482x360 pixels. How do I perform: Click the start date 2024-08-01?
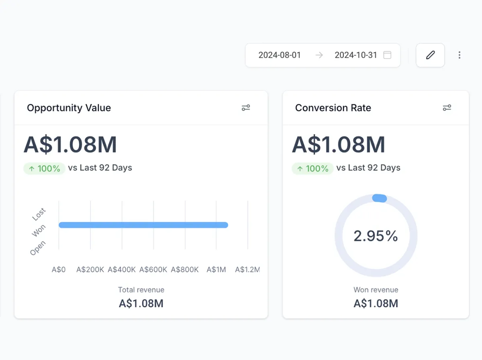tap(280, 55)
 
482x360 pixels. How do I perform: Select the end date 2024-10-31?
tap(356, 55)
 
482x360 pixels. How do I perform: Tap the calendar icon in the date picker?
tap(387, 55)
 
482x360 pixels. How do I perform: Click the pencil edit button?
tap(430, 55)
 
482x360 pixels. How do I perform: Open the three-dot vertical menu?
tap(460, 55)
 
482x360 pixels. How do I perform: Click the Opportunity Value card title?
tap(69, 108)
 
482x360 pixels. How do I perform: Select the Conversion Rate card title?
tap(333, 108)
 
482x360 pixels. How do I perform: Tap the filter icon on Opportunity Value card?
tap(246, 108)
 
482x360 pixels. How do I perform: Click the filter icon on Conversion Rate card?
tap(447, 108)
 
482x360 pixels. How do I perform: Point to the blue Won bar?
tap(143, 225)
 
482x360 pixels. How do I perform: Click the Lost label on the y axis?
tap(39, 214)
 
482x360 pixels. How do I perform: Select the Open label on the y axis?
tap(38, 248)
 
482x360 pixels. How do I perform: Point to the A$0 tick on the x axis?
tap(59, 270)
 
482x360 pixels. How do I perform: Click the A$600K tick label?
tap(153, 270)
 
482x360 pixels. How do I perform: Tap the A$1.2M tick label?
tap(247, 270)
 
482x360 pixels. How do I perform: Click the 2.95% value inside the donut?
tap(376, 236)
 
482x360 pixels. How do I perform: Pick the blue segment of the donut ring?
tap(380, 198)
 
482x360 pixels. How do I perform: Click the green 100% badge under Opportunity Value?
tap(44, 168)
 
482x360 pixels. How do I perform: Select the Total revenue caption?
tap(141, 290)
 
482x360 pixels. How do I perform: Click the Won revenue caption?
tap(376, 290)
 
